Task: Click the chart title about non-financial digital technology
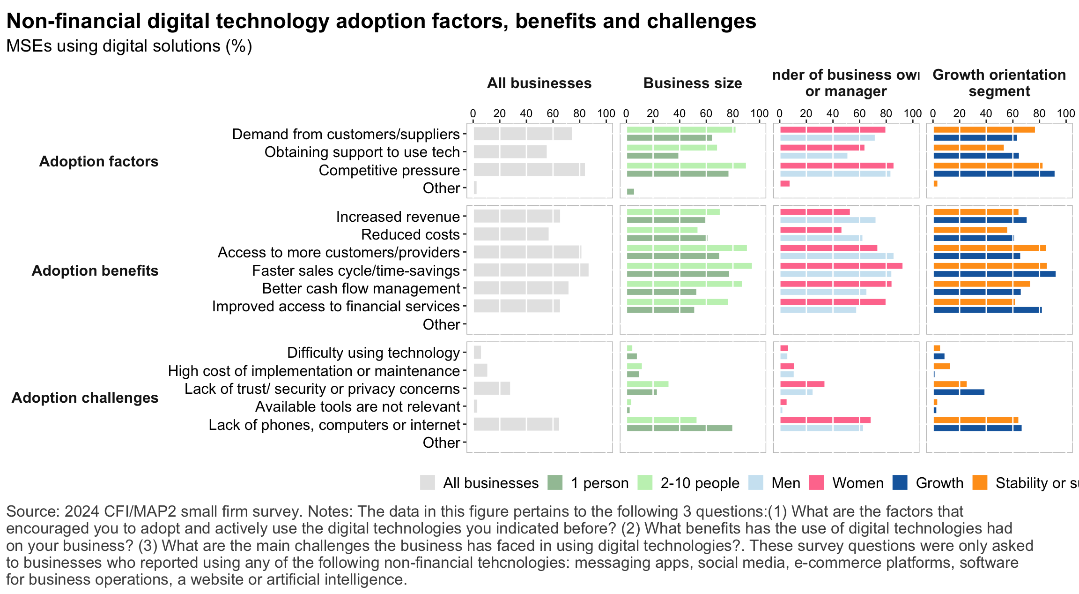click(x=381, y=22)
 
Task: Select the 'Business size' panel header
click(x=693, y=83)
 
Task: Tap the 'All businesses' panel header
click(x=539, y=83)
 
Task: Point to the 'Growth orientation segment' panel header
click(x=999, y=83)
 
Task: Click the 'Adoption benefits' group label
click(x=95, y=271)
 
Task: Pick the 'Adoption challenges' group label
click(x=85, y=398)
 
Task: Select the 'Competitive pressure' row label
click(x=389, y=171)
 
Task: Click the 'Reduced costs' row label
click(x=410, y=235)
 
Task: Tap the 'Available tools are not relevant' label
click(x=357, y=407)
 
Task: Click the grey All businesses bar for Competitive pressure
click(x=529, y=170)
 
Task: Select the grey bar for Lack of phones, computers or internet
click(x=516, y=424)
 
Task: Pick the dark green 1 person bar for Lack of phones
click(x=679, y=429)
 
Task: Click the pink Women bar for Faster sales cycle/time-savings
click(x=841, y=266)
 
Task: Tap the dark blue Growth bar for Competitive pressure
click(x=994, y=174)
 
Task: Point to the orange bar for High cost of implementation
click(x=941, y=366)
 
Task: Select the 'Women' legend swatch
click(x=816, y=483)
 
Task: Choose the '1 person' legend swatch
click(x=555, y=483)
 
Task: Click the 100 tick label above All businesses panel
click(x=606, y=114)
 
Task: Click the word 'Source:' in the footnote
click(x=32, y=511)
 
